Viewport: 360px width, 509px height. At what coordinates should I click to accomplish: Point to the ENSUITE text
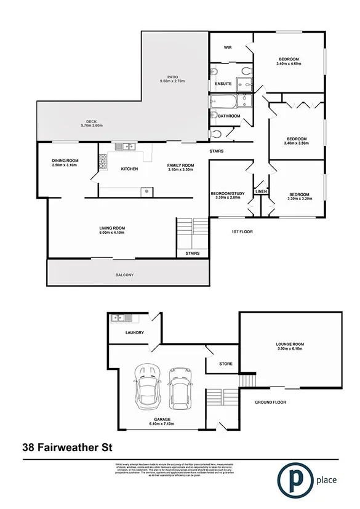coord(223,83)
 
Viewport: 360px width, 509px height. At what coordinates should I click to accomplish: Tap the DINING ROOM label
coord(65,161)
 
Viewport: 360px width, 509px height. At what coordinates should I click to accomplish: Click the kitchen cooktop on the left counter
coord(102,161)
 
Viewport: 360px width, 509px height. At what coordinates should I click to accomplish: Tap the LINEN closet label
coord(260,192)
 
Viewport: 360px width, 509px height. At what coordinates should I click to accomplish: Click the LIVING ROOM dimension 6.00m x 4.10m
coord(112,234)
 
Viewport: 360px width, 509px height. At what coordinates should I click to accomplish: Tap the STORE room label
coord(226,364)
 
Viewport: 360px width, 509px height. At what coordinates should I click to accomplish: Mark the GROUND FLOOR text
coord(271,402)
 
